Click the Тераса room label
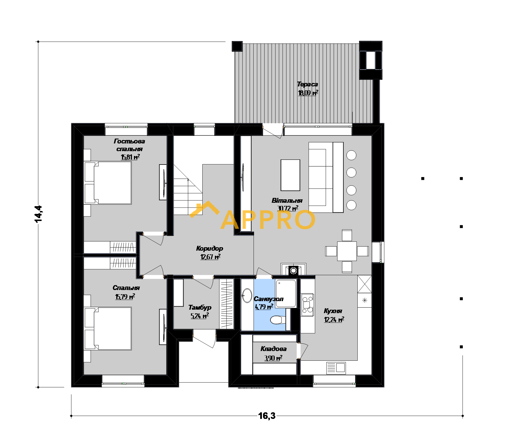click(x=308, y=84)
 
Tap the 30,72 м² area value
click(x=288, y=208)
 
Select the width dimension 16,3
click(x=267, y=416)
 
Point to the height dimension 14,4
click(x=38, y=214)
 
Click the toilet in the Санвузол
click(x=278, y=320)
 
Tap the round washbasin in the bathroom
click(x=247, y=295)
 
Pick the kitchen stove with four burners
click(x=308, y=305)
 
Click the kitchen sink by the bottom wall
click(x=336, y=368)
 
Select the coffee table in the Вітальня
click(x=290, y=175)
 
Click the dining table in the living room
click(x=347, y=251)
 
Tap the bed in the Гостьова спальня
click(x=108, y=183)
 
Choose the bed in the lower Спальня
click(x=108, y=328)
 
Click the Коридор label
click(x=209, y=249)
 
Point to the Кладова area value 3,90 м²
click(x=273, y=358)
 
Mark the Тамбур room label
click(x=200, y=308)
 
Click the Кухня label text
click(x=333, y=311)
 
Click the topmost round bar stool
click(x=351, y=155)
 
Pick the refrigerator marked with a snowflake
click(x=365, y=300)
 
